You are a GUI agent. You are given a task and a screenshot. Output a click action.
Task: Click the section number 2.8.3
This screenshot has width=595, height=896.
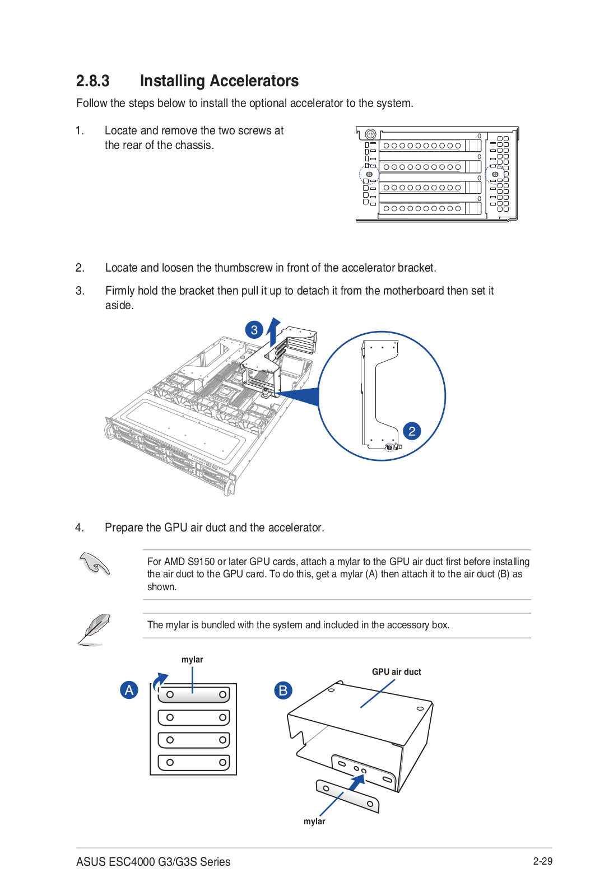pyautogui.click(x=92, y=81)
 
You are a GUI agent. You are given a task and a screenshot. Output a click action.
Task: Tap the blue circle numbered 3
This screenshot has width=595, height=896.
pyautogui.click(x=254, y=330)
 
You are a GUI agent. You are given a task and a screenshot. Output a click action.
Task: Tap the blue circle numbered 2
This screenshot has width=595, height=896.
pyautogui.click(x=412, y=431)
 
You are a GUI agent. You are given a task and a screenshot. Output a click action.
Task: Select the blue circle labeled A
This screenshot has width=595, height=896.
pyautogui.click(x=129, y=690)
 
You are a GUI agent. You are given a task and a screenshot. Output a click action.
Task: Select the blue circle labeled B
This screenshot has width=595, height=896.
pyautogui.click(x=283, y=690)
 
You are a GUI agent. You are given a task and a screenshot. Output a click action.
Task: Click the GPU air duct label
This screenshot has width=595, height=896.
pyautogui.click(x=396, y=672)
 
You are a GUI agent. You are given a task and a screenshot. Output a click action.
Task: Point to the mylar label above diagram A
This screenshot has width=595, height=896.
pyautogui.click(x=192, y=660)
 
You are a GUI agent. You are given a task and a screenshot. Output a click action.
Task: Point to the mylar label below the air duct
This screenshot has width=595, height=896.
pyautogui.click(x=314, y=822)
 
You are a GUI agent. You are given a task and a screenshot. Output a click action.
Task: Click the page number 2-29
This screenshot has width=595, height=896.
pyautogui.click(x=542, y=861)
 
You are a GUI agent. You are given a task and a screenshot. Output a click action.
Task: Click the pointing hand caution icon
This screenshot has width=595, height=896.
pyautogui.click(x=94, y=564)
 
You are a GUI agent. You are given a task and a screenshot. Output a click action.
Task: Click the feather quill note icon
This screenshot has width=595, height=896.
pyautogui.click(x=94, y=629)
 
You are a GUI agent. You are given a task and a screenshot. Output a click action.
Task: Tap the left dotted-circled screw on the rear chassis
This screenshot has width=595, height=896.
pyautogui.click(x=369, y=175)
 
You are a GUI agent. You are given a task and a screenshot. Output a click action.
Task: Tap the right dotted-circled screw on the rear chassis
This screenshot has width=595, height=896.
pyautogui.click(x=495, y=175)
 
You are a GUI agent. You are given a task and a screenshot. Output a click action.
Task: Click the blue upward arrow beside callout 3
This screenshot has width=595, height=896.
pyautogui.click(x=273, y=332)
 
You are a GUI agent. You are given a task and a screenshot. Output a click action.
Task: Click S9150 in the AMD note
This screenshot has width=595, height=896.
pyautogui.click(x=201, y=562)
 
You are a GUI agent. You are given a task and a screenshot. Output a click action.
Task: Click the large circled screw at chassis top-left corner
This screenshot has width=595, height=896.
pyautogui.click(x=370, y=134)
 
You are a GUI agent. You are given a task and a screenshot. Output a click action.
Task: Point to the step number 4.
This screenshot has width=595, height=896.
pyautogui.click(x=80, y=528)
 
